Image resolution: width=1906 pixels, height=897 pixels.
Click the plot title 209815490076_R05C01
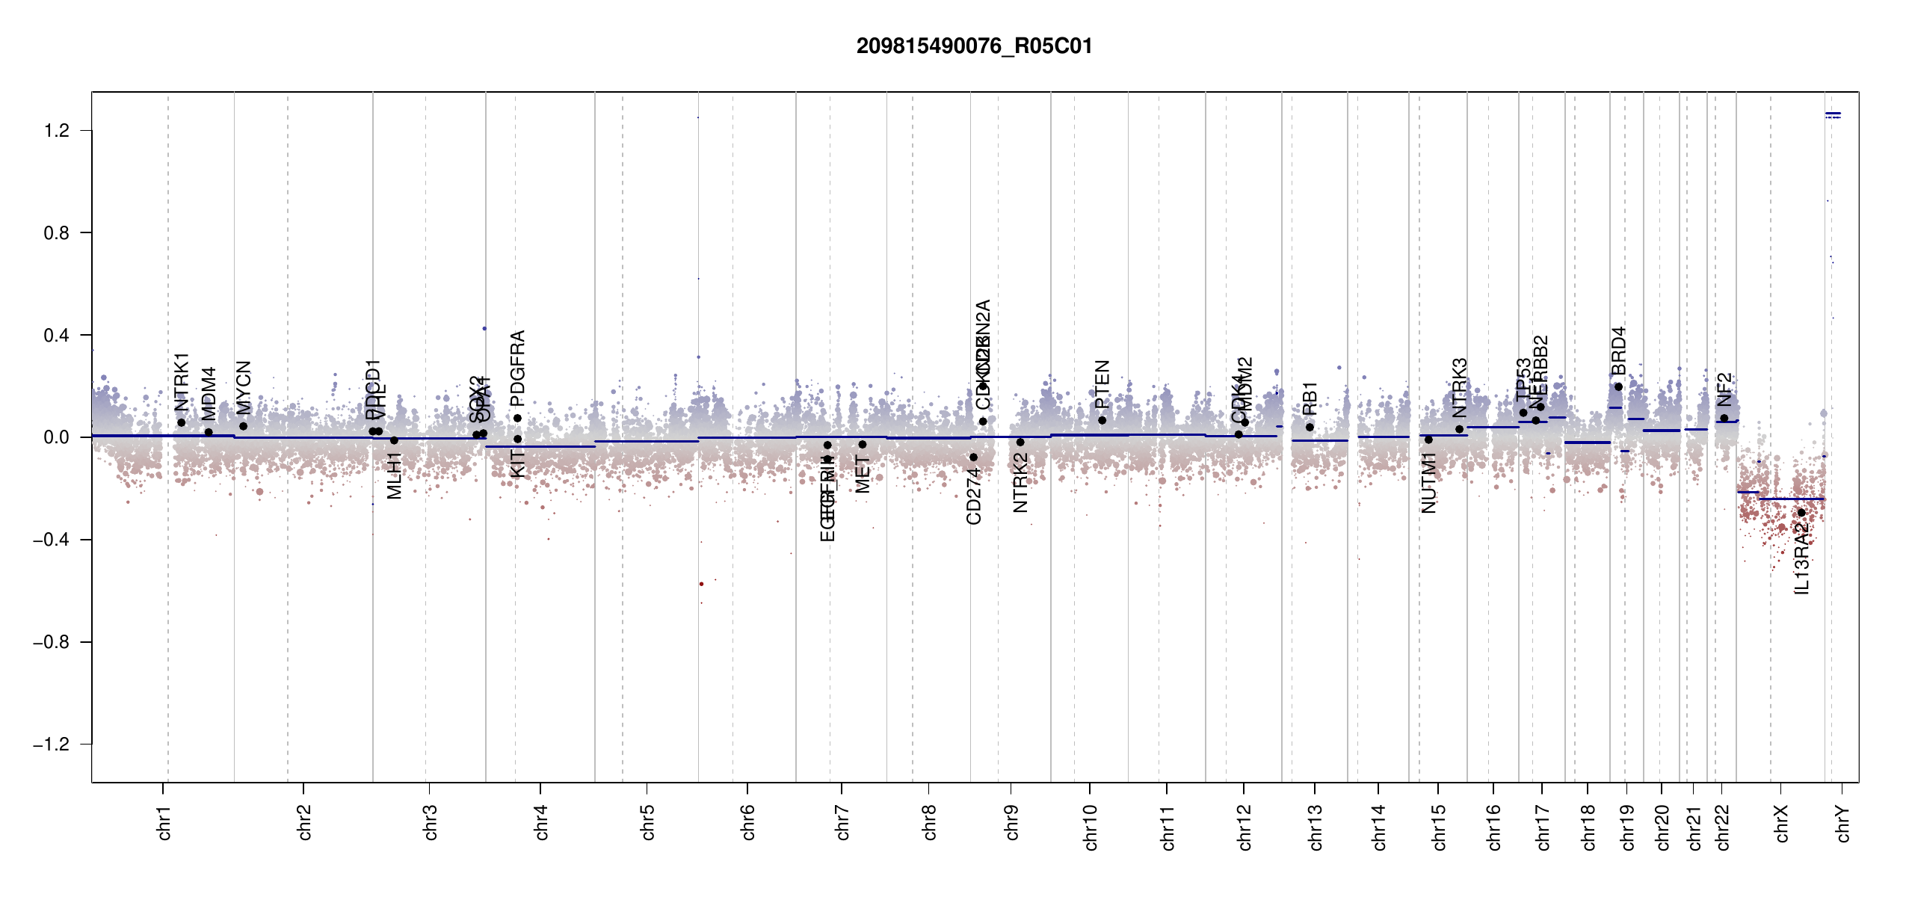(x=974, y=46)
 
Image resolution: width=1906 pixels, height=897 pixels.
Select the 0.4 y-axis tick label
(x=56, y=336)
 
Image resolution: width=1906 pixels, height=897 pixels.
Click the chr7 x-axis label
(x=842, y=822)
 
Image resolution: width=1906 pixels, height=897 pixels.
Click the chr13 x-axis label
(x=1316, y=827)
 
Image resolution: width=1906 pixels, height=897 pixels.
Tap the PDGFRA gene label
(x=518, y=368)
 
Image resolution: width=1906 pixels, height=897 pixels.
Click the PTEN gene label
(x=1102, y=383)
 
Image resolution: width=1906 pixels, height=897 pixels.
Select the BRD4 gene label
(x=1619, y=351)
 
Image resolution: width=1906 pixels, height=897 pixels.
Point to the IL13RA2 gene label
(x=1802, y=558)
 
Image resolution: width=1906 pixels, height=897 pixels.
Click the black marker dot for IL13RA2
(x=1801, y=513)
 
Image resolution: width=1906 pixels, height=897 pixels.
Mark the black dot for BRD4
(x=1618, y=387)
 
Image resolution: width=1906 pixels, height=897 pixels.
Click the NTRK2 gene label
(x=1021, y=483)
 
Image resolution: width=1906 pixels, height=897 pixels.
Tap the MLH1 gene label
(x=395, y=475)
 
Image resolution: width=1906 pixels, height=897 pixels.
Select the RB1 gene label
(x=1310, y=398)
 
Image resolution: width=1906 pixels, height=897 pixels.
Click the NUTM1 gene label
(x=1429, y=483)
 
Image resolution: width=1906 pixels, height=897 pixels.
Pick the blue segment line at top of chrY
(x=1833, y=114)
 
